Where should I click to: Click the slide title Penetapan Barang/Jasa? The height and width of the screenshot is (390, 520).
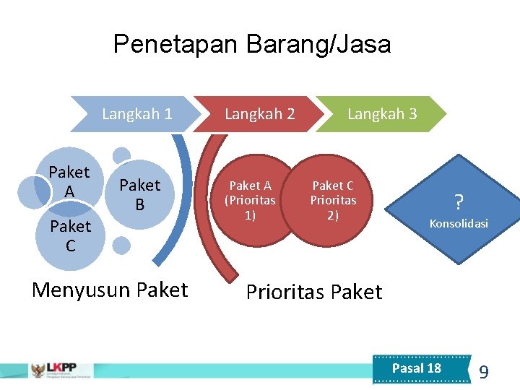coord(252,45)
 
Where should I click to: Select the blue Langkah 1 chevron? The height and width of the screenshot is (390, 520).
coord(136,113)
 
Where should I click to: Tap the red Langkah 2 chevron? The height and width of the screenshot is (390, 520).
coord(259,113)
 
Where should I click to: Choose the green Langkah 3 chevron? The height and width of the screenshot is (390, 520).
coord(382,113)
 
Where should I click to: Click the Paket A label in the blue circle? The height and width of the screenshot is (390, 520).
coord(69,181)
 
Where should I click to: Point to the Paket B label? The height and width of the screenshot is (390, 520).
coord(139,195)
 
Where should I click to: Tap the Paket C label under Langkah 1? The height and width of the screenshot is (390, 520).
coord(70,236)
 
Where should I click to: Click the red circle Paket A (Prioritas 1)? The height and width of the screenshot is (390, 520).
coord(250,201)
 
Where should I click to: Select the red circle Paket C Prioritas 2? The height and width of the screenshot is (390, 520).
coord(333,201)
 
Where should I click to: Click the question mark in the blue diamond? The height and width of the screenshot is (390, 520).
coord(458,201)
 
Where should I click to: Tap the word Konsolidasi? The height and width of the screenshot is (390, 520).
coord(459,224)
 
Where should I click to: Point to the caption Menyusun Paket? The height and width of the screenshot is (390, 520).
coord(110,290)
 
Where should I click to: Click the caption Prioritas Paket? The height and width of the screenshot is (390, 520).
coord(313,292)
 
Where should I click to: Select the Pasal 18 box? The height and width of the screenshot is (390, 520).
coord(416,368)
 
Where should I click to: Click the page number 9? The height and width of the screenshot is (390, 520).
coord(483,373)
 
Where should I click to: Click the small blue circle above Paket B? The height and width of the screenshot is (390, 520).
coord(122,155)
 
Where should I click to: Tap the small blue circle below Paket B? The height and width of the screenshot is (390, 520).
coord(121,245)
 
